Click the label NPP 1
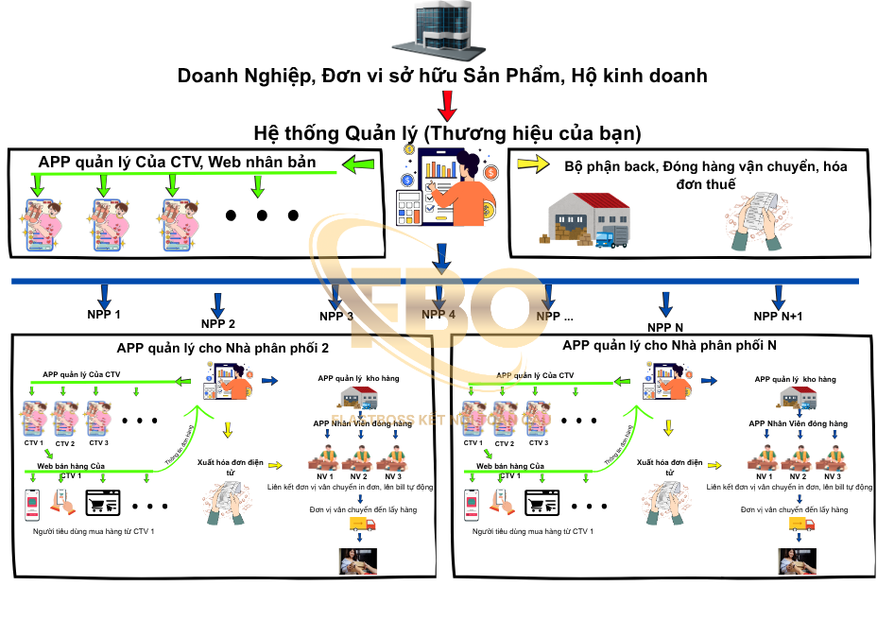[x=104, y=314]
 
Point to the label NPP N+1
[x=779, y=317]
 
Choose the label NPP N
[x=665, y=327]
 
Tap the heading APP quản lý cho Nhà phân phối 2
[x=222, y=347]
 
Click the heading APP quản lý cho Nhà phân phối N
[x=669, y=345]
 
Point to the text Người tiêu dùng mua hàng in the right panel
[x=533, y=532]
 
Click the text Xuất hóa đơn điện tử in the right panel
[x=669, y=467]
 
